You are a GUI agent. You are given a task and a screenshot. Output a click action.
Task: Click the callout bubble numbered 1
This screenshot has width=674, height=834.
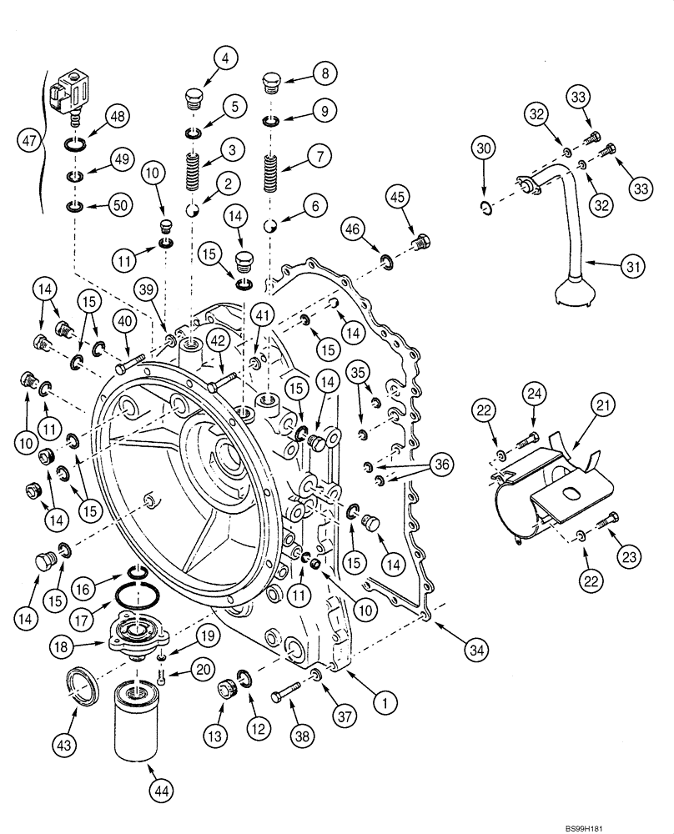point(384,703)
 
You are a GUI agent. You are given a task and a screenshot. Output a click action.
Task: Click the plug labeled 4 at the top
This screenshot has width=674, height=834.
point(192,99)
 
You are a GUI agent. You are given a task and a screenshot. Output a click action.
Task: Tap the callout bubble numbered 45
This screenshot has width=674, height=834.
point(398,196)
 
